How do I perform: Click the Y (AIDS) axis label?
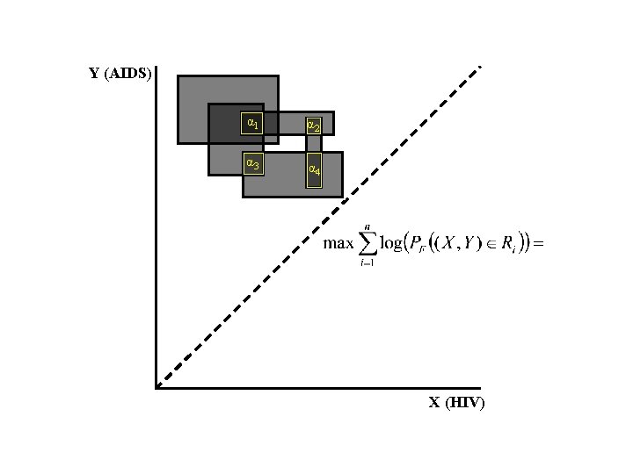coord(120,73)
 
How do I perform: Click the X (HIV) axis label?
coord(456,403)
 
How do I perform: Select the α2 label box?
coord(313,126)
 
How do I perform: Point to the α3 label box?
coord(252,162)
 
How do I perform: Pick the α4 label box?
coord(314,169)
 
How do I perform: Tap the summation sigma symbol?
coord(367,244)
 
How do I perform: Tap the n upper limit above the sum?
coord(367,226)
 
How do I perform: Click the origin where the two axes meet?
coord(156,387)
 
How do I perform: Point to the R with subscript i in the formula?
coord(510,245)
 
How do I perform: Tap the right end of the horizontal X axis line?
coord(479,387)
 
